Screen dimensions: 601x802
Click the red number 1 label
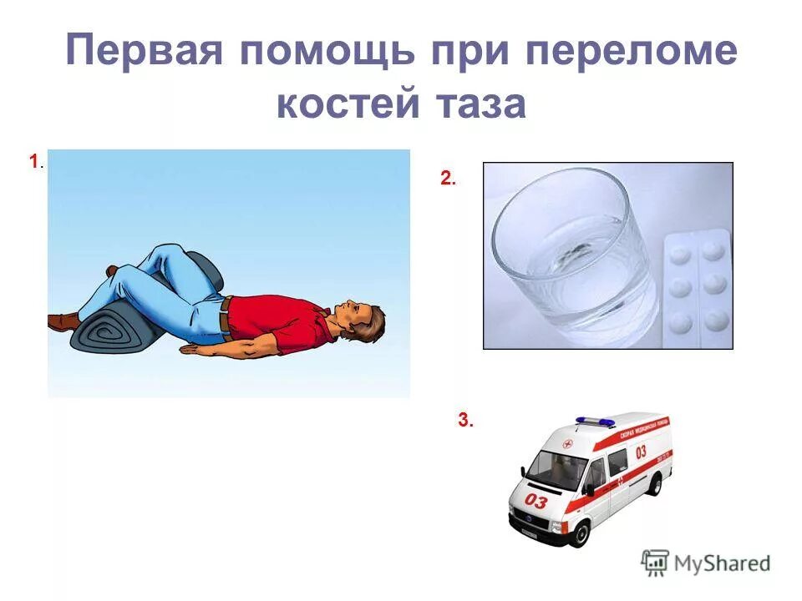(x=33, y=161)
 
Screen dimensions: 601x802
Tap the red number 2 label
(x=447, y=177)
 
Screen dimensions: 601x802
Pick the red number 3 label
(x=464, y=421)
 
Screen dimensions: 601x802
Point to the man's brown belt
(x=225, y=316)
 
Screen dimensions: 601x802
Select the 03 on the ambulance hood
(x=536, y=501)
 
